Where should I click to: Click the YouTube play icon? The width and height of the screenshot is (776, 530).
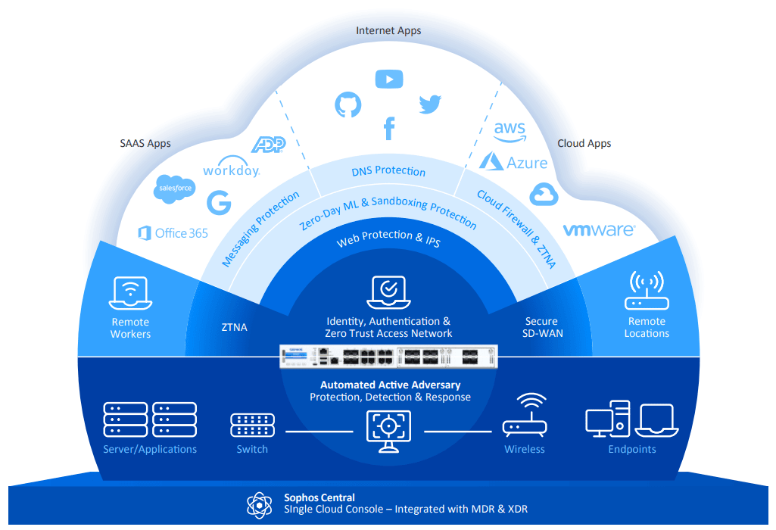click(389, 79)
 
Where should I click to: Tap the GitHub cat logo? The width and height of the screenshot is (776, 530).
click(348, 104)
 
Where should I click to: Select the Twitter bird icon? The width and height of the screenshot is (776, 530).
click(430, 104)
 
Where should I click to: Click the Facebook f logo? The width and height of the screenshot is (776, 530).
click(389, 128)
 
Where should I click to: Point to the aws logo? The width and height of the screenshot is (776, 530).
click(510, 130)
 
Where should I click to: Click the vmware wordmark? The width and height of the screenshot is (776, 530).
click(598, 229)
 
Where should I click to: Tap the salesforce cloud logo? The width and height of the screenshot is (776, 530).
click(175, 188)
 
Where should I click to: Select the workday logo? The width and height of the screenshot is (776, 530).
click(231, 170)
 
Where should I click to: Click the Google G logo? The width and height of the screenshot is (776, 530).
click(219, 202)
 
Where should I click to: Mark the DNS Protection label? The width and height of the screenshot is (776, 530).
click(388, 171)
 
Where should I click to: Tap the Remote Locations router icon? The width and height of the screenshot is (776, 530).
click(647, 292)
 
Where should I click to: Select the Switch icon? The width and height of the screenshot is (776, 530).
click(252, 426)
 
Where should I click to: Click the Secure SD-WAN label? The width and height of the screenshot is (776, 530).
click(542, 327)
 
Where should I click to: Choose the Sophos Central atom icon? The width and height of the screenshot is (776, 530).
click(258, 503)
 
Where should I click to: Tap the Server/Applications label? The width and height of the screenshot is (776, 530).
click(150, 449)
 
